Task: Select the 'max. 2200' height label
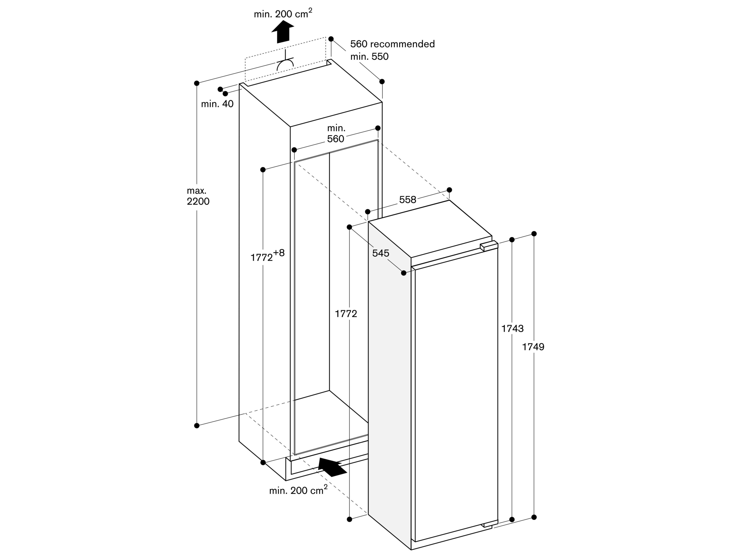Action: pyautogui.click(x=198, y=196)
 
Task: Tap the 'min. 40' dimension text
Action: pyautogui.click(x=217, y=104)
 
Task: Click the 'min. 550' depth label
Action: pyautogui.click(x=369, y=56)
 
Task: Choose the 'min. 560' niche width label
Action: pyautogui.click(x=336, y=134)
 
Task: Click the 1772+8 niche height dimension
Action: pyautogui.click(x=267, y=256)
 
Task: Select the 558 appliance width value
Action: pyautogui.click(x=408, y=200)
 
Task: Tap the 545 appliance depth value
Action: pyautogui.click(x=381, y=253)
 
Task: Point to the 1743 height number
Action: pyautogui.click(x=512, y=328)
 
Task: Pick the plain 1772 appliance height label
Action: pyautogui.click(x=346, y=314)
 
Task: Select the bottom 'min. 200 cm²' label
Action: pyautogui.click(x=298, y=490)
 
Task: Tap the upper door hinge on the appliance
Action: pyautogui.click(x=488, y=247)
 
